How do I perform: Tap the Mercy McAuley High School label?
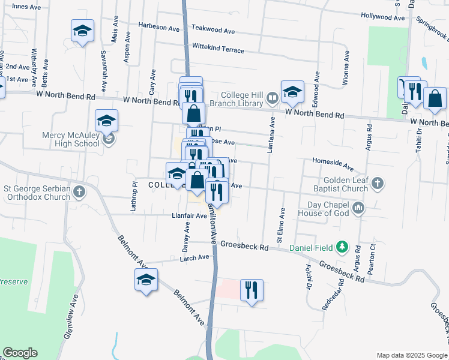click(x=70, y=139)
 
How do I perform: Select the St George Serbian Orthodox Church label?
click(x=37, y=192)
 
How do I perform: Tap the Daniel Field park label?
click(x=310, y=247)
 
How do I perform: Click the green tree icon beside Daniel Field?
click(x=342, y=246)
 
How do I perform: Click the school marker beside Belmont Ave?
click(x=146, y=280)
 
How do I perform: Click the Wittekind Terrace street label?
click(x=218, y=48)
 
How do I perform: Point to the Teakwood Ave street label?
click(x=213, y=29)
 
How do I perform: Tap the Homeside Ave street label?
click(x=333, y=162)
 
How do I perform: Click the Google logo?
click(x=20, y=353)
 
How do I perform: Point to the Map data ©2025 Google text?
click(x=411, y=355)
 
